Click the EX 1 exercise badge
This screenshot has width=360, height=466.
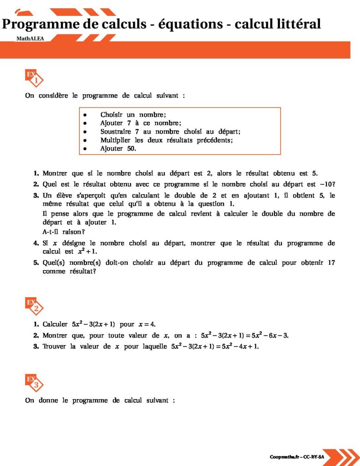click(34, 78)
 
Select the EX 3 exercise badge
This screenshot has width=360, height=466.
click(34, 383)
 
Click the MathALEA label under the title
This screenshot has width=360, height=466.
click(30, 39)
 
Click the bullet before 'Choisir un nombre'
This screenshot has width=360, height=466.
click(85, 115)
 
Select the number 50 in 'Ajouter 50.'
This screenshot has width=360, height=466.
click(132, 149)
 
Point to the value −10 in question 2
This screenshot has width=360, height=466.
click(327, 184)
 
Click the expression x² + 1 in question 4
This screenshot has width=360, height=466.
click(87, 251)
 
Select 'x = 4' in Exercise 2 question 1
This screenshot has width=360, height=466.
click(147, 324)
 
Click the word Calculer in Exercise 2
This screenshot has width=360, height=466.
click(55, 324)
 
